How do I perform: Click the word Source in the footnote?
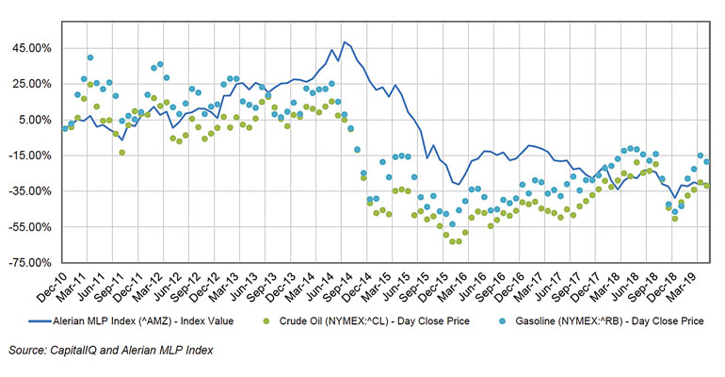(25, 351)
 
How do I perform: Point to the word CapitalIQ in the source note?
(80, 351)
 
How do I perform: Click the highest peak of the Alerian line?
(345, 42)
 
